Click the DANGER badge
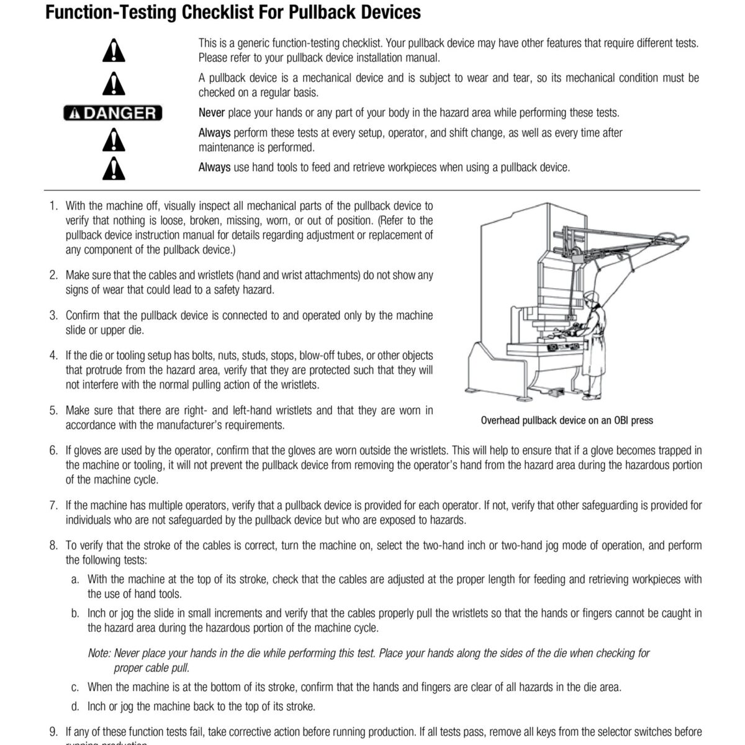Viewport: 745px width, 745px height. pos(113,113)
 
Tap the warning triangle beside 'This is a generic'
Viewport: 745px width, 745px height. pos(114,51)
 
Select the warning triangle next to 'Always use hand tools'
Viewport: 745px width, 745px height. pos(114,167)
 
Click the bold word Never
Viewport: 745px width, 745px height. pos(212,113)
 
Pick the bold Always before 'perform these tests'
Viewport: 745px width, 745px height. pos(214,133)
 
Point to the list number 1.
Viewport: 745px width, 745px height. pos(53,206)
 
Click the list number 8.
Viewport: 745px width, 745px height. pos(53,546)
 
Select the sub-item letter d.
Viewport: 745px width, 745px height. pos(74,707)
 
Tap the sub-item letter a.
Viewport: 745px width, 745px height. pos(74,579)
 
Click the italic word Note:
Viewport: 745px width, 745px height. pos(99,653)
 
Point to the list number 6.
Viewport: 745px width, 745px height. pos(53,451)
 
